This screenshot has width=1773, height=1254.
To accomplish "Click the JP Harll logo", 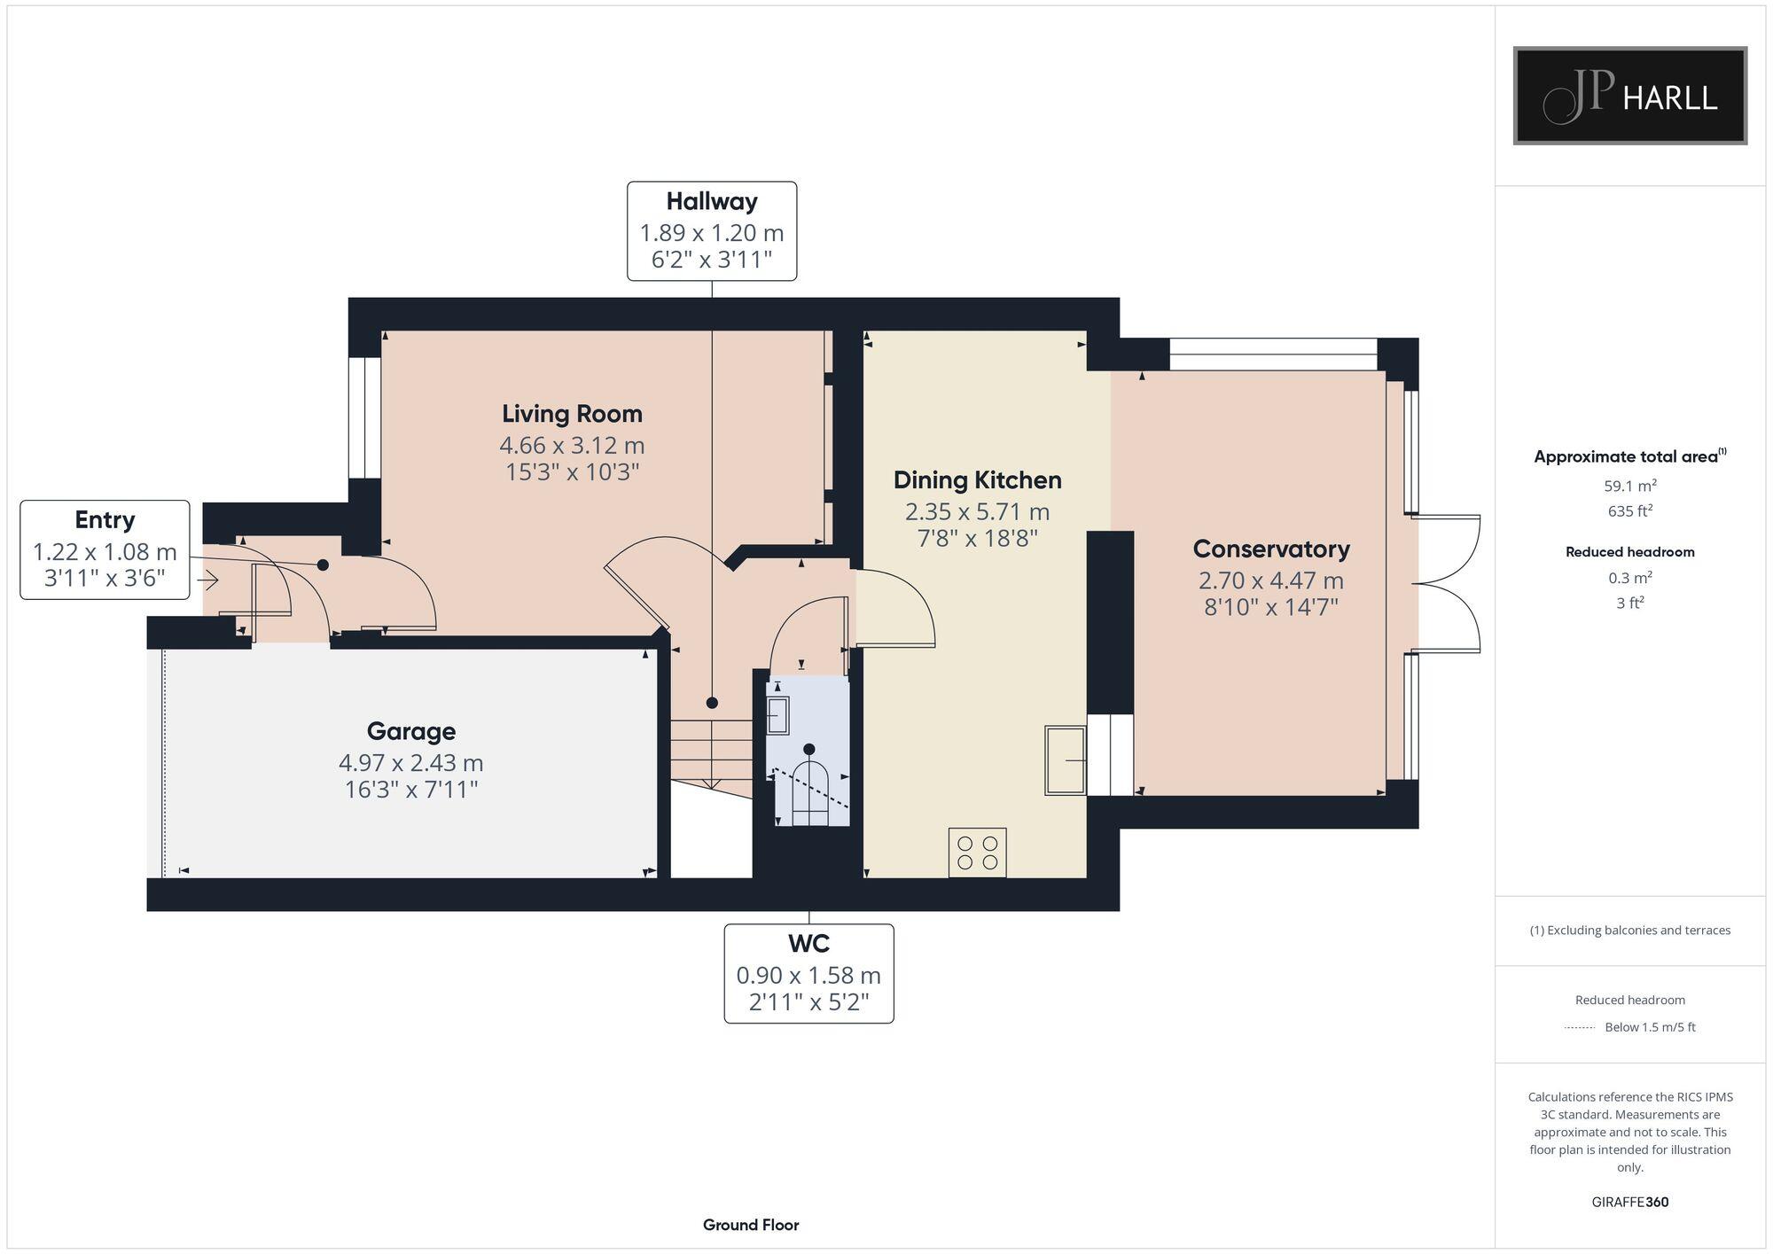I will (x=1629, y=96).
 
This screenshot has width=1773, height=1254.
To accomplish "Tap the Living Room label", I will (x=572, y=414).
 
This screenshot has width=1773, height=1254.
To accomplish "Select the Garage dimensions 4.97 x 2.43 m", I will (x=410, y=762).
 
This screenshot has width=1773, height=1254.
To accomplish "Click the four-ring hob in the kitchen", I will (x=977, y=852).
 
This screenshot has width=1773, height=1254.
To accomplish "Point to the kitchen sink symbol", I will (x=1065, y=759).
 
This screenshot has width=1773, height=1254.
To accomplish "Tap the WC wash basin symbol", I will (x=777, y=715).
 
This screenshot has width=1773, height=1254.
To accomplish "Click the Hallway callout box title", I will (x=712, y=202).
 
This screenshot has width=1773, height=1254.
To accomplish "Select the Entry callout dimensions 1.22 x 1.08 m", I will (x=105, y=552).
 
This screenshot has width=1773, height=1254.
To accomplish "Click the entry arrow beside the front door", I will (x=208, y=581).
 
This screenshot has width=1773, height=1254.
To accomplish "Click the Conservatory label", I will (x=1270, y=549).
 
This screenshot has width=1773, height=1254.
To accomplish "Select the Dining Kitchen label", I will (x=977, y=480).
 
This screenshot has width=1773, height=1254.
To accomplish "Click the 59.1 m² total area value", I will (x=1629, y=486).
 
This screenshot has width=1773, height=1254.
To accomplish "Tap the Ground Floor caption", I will (x=751, y=1225).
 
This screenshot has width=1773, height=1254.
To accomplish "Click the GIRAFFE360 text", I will (x=1629, y=1202).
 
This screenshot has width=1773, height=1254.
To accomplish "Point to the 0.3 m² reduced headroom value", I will (x=1629, y=578).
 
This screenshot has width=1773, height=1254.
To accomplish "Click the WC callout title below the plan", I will (x=808, y=943).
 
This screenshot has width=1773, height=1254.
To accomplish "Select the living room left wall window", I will (x=363, y=417).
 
